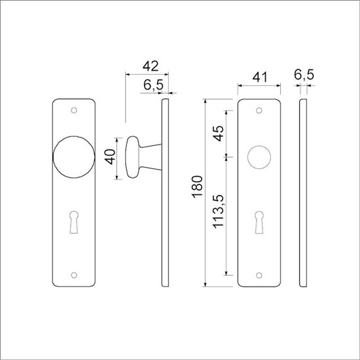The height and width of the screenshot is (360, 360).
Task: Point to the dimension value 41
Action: (x=259, y=76)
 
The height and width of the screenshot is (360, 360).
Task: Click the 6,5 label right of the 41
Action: (x=304, y=76)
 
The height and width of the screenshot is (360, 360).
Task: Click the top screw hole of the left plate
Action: (x=75, y=110)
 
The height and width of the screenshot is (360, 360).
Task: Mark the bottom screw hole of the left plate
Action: (x=75, y=276)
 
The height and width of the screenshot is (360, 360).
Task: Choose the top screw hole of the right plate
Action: (x=259, y=110)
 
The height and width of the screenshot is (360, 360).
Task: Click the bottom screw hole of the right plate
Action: (x=259, y=276)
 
